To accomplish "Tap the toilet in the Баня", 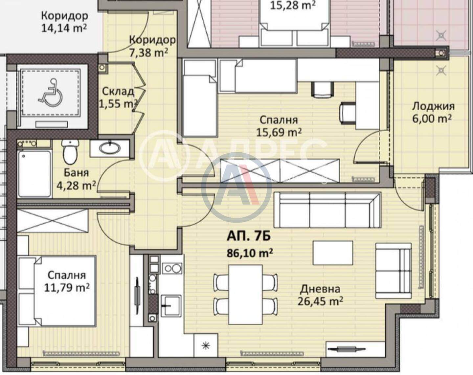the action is click(70, 152).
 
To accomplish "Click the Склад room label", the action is click(118, 91).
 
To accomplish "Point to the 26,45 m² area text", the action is click(320, 301).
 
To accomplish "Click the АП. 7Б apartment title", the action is click(249, 237).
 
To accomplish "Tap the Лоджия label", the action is click(433, 107).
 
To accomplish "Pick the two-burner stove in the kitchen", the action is click(172, 268).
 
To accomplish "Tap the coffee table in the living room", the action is click(333, 253).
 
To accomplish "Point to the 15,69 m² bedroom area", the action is click(279, 132).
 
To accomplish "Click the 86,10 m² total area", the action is click(250, 253).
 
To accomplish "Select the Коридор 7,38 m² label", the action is click(152, 46).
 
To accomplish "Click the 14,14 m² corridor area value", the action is click(64, 28).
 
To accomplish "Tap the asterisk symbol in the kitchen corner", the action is click(206, 346).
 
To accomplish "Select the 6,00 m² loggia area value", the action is click(432, 119).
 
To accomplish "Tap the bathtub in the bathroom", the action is click(34, 174).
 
